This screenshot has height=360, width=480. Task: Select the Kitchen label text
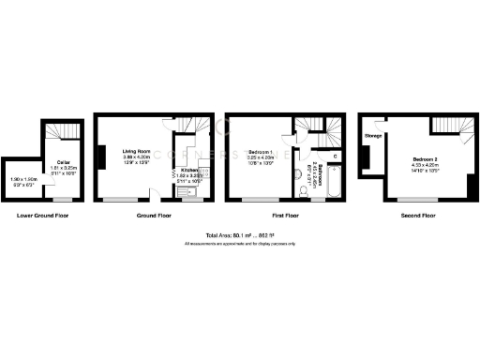(x=190, y=170)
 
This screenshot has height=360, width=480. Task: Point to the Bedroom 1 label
(x=261, y=151)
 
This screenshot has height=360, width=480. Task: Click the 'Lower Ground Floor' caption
(x=43, y=216)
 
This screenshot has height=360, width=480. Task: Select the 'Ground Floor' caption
(x=153, y=216)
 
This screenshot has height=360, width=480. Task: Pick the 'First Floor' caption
(x=283, y=216)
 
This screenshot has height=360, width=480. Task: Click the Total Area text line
(x=239, y=235)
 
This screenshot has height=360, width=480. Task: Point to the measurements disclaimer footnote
(x=239, y=244)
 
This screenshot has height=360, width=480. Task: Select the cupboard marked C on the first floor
(x=335, y=155)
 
